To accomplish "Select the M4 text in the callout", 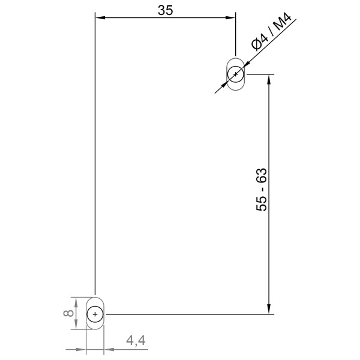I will [281, 26].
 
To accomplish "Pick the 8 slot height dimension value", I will [68, 313].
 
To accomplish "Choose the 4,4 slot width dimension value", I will [136, 341].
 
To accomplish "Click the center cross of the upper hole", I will [235, 74].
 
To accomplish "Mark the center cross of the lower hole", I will [95, 314].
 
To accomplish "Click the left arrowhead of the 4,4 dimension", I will [82, 349].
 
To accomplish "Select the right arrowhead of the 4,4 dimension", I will [109, 349].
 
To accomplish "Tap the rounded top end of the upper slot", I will [235, 59].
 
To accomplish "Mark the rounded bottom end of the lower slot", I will [95, 328].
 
